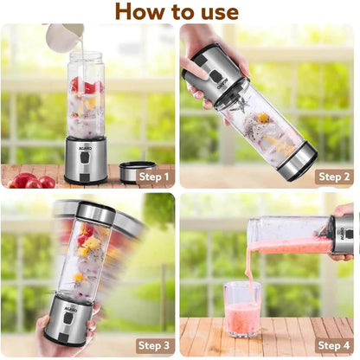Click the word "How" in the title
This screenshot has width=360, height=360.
tap(140, 11)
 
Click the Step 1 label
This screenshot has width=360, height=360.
tap(154, 177)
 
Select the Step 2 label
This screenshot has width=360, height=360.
tap(334, 177)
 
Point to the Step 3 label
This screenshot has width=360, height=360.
tap(154, 345)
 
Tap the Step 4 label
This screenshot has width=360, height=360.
tap(334, 345)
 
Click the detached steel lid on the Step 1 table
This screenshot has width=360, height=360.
tap(138, 172)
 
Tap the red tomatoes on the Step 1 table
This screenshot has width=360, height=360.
tap(31, 181)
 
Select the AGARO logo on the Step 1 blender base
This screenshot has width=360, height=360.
tap(85, 148)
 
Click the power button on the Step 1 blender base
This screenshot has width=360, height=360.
tap(84, 157)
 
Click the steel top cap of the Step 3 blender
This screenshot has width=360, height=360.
tap(96, 212)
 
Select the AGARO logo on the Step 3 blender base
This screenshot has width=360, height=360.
tap(71, 310)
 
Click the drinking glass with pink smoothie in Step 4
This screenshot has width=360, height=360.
tap(241, 309)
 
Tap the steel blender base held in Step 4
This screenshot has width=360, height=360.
tap(342, 235)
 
